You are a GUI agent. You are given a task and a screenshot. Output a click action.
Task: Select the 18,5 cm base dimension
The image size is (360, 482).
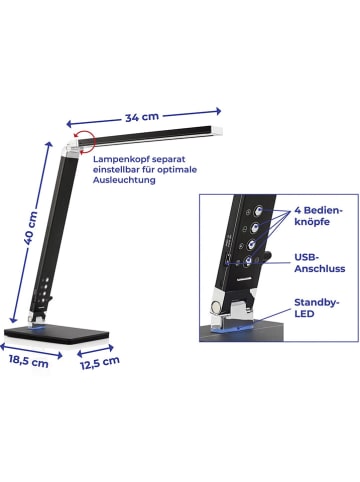coord(29,361)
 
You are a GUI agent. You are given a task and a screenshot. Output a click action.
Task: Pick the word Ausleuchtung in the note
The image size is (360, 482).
coord(127,181)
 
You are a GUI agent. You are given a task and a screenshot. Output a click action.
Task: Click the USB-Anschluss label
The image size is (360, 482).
coord(319,262)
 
